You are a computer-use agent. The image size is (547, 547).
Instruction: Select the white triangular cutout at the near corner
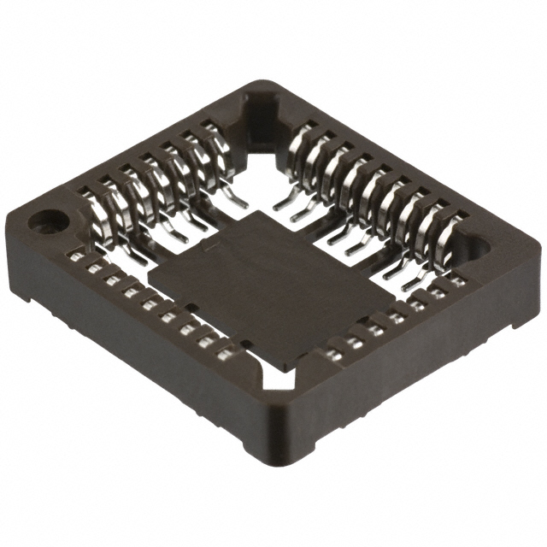click(x=277, y=376)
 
